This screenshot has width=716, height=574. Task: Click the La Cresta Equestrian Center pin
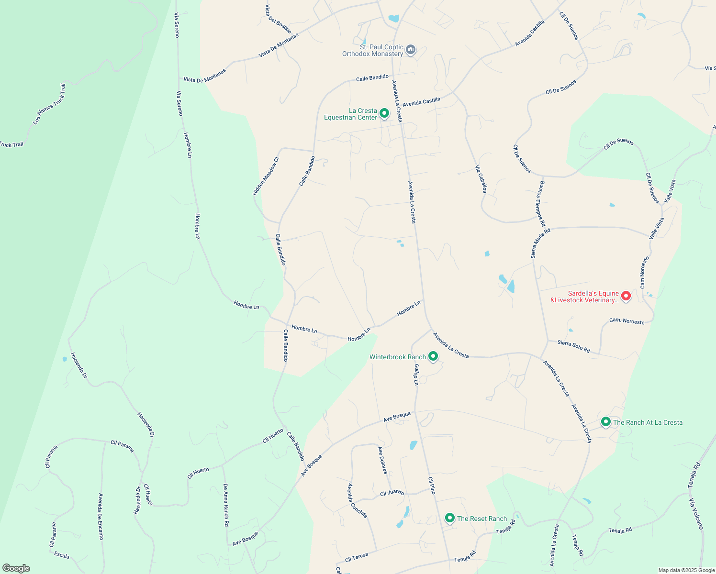point(384,113)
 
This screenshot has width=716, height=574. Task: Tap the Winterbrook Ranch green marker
point(433,356)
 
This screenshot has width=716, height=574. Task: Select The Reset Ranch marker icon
point(449,518)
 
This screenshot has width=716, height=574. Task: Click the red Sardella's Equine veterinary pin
point(626,296)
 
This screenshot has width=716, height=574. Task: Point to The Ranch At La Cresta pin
point(605,422)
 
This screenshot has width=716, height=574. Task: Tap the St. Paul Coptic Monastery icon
point(411,50)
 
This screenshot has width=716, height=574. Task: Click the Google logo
point(16,568)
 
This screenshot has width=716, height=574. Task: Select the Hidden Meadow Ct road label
point(266,176)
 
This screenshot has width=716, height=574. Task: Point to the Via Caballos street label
point(481,179)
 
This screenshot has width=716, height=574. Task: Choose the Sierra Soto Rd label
point(573,346)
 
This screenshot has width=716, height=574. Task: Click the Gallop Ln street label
point(416,375)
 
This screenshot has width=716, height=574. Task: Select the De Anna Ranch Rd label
point(225,505)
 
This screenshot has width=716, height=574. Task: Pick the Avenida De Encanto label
point(101,516)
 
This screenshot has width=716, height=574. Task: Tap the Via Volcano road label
point(696,514)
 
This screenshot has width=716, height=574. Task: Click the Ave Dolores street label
point(382,460)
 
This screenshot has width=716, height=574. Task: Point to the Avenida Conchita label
point(357,500)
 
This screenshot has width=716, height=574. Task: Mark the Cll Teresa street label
point(357,557)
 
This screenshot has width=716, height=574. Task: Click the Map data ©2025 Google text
point(686,570)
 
